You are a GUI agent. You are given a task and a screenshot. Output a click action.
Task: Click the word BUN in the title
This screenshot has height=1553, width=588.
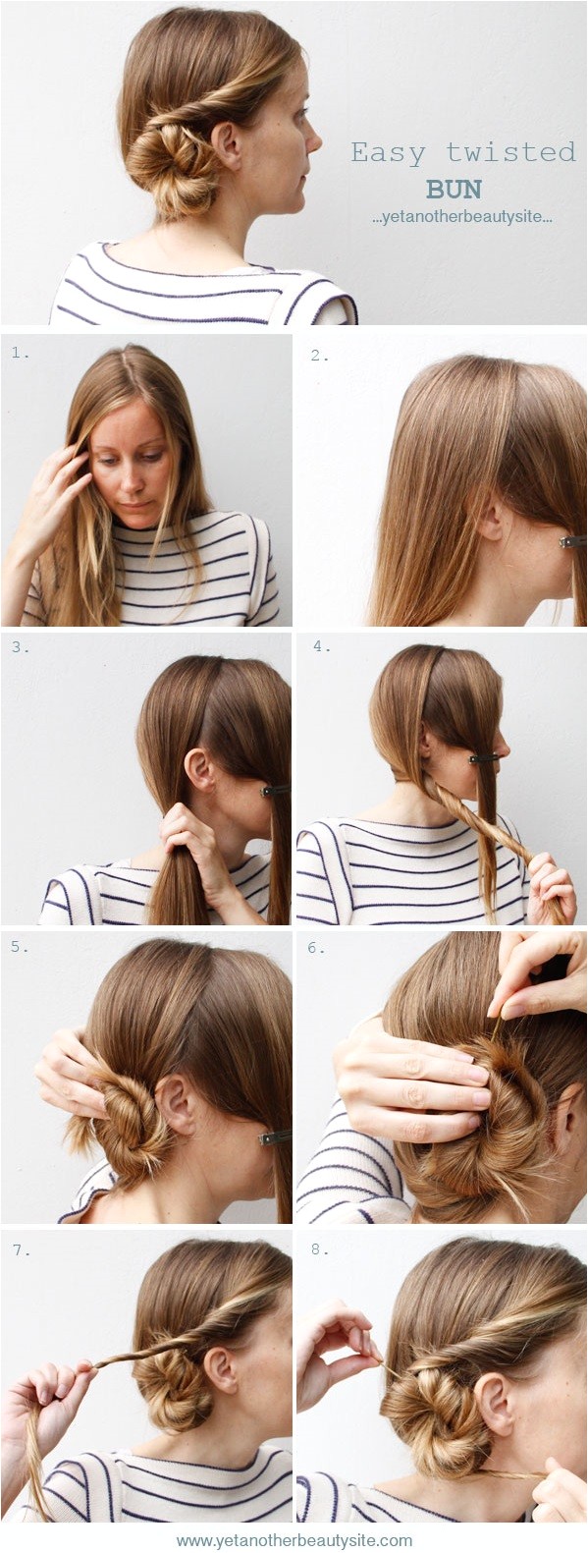point(454,190)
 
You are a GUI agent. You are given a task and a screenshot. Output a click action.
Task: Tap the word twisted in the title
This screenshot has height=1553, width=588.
point(511,151)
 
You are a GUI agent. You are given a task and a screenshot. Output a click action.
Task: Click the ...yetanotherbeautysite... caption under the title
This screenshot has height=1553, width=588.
point(462,218)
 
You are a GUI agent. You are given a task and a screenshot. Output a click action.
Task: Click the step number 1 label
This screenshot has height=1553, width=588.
point(21,353)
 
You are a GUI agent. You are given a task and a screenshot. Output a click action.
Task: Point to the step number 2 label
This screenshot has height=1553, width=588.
point(319,356)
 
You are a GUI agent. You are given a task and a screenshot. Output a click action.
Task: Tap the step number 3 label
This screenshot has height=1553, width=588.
point(21,647)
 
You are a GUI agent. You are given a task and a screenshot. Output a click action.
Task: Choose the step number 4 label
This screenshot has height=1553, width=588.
point(321,646)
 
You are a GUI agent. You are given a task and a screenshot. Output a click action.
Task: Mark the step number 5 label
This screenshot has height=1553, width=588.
point(20,947)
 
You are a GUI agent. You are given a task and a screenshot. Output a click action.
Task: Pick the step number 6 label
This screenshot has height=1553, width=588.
point(316,948)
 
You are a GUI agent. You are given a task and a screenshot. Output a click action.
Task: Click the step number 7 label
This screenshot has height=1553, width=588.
point(22,1250)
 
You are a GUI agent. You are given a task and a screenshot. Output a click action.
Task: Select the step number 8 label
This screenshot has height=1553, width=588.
point(319,1249)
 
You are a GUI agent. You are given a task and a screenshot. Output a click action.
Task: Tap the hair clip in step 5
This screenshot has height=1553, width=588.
point(274,1137)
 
